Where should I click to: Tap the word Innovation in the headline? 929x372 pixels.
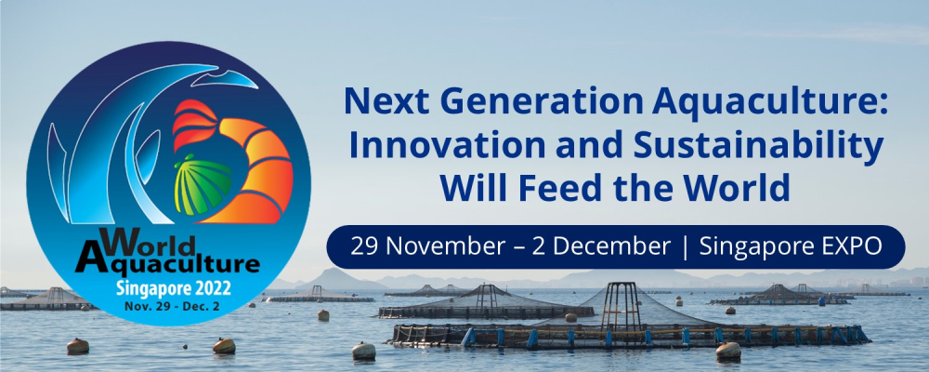423,146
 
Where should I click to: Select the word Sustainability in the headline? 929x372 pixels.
758,148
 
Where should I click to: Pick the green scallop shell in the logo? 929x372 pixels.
203,184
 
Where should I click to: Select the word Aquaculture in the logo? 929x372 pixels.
167,263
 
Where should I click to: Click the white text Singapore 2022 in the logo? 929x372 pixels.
174,289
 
